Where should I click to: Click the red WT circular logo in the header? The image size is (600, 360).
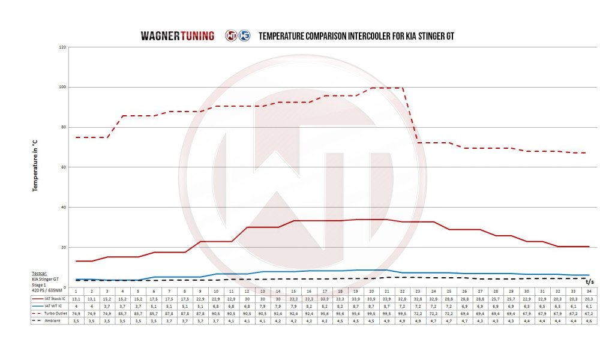(230, 35)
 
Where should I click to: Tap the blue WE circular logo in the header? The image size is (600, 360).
(244, 35)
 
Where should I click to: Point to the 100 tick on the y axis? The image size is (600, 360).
(62, 87)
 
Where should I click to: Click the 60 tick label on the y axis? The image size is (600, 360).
(63, 167)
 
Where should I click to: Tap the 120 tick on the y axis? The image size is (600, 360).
(62, 47)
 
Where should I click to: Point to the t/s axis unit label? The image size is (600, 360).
(590, 281)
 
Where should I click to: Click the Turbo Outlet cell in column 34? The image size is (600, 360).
(589, 313)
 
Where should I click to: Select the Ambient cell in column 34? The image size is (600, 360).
(589, 321)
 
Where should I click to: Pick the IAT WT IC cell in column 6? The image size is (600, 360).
(154, 305)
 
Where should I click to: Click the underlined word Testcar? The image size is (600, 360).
(40, 272)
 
